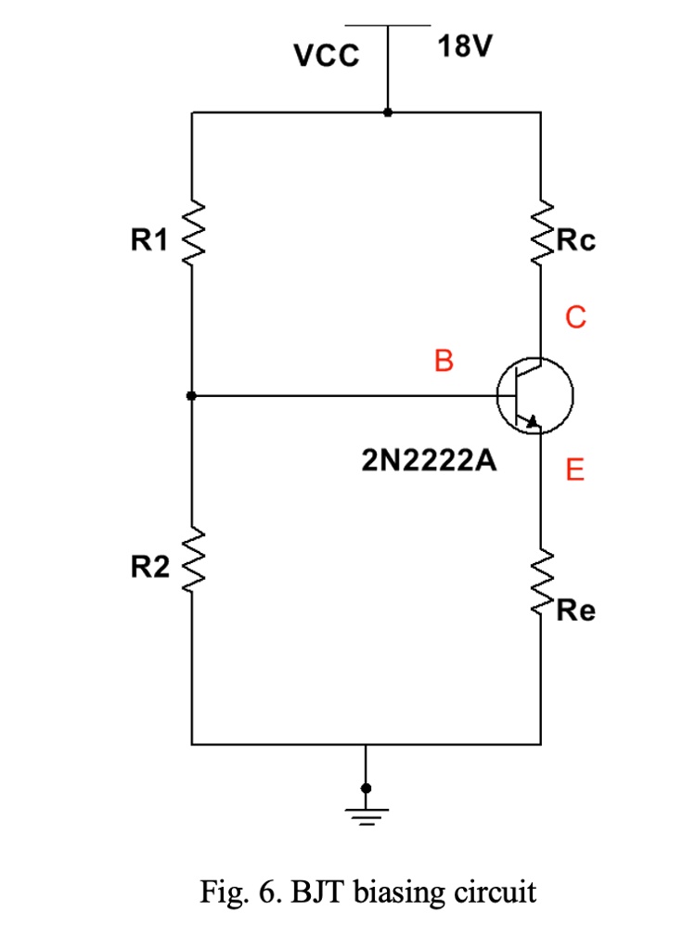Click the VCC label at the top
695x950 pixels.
pyautogui.click(x=326, y=58)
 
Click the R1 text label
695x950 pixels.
pyautogui.click(x=149, y=241)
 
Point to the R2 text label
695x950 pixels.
pyautogui.click(x=149, y=568)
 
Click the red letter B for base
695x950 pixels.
pyautogui.click(x=444, y=361)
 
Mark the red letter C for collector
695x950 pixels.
pyautogui.click(x=575, y=318)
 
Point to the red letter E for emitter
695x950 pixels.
pyautogui.click(x=575, y=471)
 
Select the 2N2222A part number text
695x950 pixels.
pyautogui.click(x=428, y=461)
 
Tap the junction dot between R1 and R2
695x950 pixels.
pyautogui.click(x=191, y=396)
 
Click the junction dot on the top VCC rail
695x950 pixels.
pyautogui.click(x=387, y=112)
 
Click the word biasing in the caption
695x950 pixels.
pyautogui.click(x=403, y=893)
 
